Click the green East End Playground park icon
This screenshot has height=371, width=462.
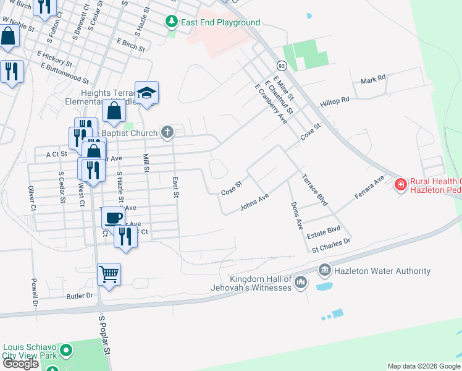pos(172,22)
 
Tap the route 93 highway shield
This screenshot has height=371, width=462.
pos(282,65)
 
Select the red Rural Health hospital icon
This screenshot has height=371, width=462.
pos(400,184)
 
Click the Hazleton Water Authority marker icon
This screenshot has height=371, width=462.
pos(324,271)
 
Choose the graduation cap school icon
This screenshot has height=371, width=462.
pos(147,93)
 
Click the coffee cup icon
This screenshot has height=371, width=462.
pos(113,218)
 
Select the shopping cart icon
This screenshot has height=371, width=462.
pos(109,273)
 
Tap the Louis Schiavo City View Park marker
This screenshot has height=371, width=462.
pos(65,351)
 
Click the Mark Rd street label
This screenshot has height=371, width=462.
pos(373,79)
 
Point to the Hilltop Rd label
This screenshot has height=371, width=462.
pos(335,100)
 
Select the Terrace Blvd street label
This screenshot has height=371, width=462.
pos(314,189)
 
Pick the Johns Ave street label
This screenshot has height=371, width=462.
pos(254,202)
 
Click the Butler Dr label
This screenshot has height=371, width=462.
pos(80,296)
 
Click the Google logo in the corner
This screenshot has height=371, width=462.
pos(20,364)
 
